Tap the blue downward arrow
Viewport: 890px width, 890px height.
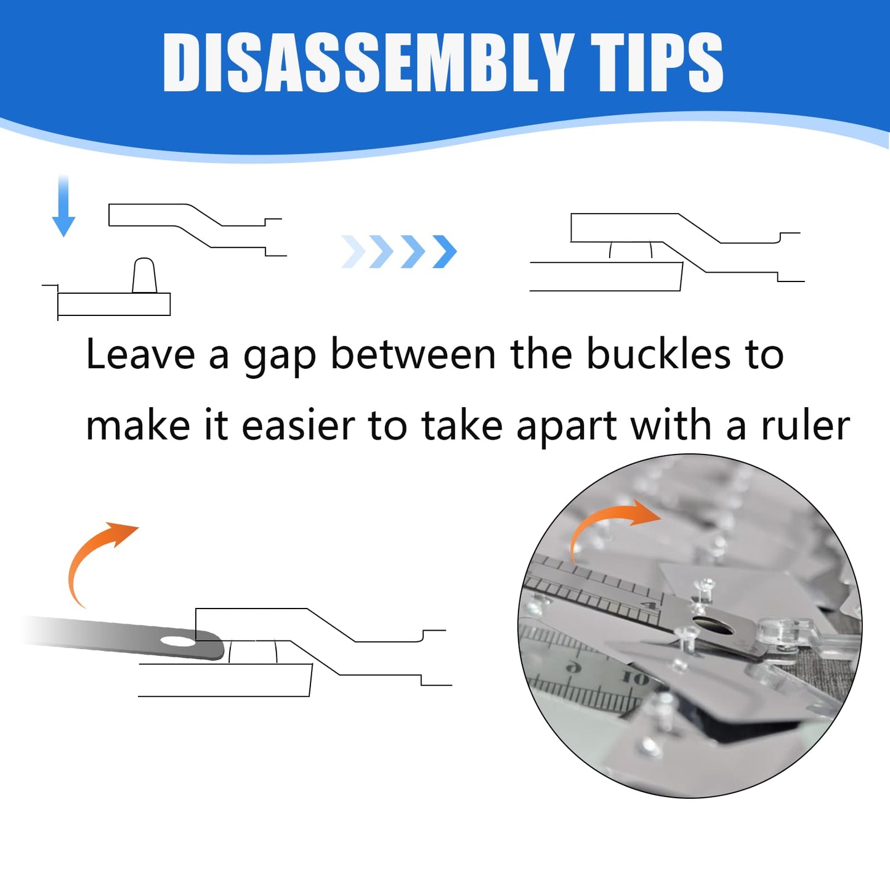63,206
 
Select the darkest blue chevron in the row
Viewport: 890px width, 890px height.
444,252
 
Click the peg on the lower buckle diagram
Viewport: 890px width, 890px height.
145,275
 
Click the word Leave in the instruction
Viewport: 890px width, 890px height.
140,355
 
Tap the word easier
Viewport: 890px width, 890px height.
298,426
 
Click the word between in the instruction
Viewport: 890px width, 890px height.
413,354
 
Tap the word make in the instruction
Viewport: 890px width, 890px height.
138,426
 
